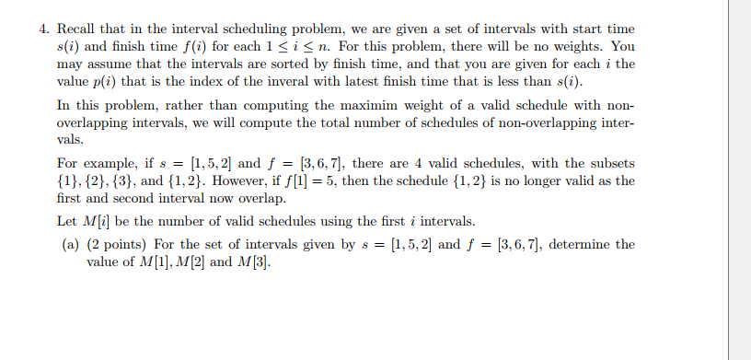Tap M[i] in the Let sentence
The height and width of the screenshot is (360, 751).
pos(90,222)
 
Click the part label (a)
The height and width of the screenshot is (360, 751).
pos(71,244)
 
